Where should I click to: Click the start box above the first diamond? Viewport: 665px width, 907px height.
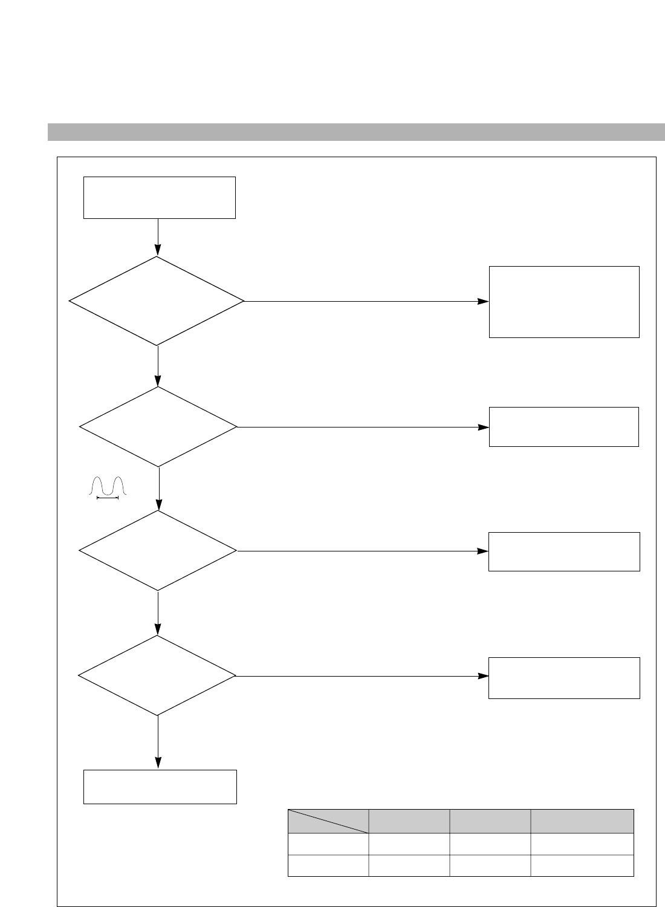tap(159, 197)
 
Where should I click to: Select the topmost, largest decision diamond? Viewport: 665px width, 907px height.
tap(157, 301)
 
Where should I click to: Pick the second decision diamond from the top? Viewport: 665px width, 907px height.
tap(158, 427)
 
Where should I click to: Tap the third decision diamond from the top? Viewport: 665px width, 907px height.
tap(158, 551)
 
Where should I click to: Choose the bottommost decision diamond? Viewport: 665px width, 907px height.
tap(157, 675)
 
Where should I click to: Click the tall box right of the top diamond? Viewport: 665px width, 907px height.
tap(564, 302)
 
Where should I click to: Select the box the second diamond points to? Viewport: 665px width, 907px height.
tap(563, 427)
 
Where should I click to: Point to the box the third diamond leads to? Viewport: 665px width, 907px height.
tap(564, 551)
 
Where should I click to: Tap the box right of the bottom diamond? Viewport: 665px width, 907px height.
tap(564, 678)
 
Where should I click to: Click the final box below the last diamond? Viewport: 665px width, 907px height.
tap(160, 787)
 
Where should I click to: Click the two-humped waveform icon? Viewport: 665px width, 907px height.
tap(107, 486)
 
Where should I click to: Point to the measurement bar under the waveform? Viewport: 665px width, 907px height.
tap(107, 498)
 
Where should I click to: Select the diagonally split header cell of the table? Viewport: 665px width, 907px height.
tap(328, 821)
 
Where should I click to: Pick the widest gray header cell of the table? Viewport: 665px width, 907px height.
tap(582, 821)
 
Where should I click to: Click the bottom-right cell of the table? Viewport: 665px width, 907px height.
tap(582, 865)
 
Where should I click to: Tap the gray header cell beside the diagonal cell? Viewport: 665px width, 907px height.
tap(409, 821)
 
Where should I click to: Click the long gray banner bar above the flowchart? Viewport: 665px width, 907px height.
tap(356, 131)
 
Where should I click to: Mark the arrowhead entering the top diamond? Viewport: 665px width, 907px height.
tap(158, 250)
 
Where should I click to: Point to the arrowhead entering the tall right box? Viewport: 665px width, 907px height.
tap(483, 301)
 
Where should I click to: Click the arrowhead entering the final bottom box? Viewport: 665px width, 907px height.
tap(158, 764)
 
